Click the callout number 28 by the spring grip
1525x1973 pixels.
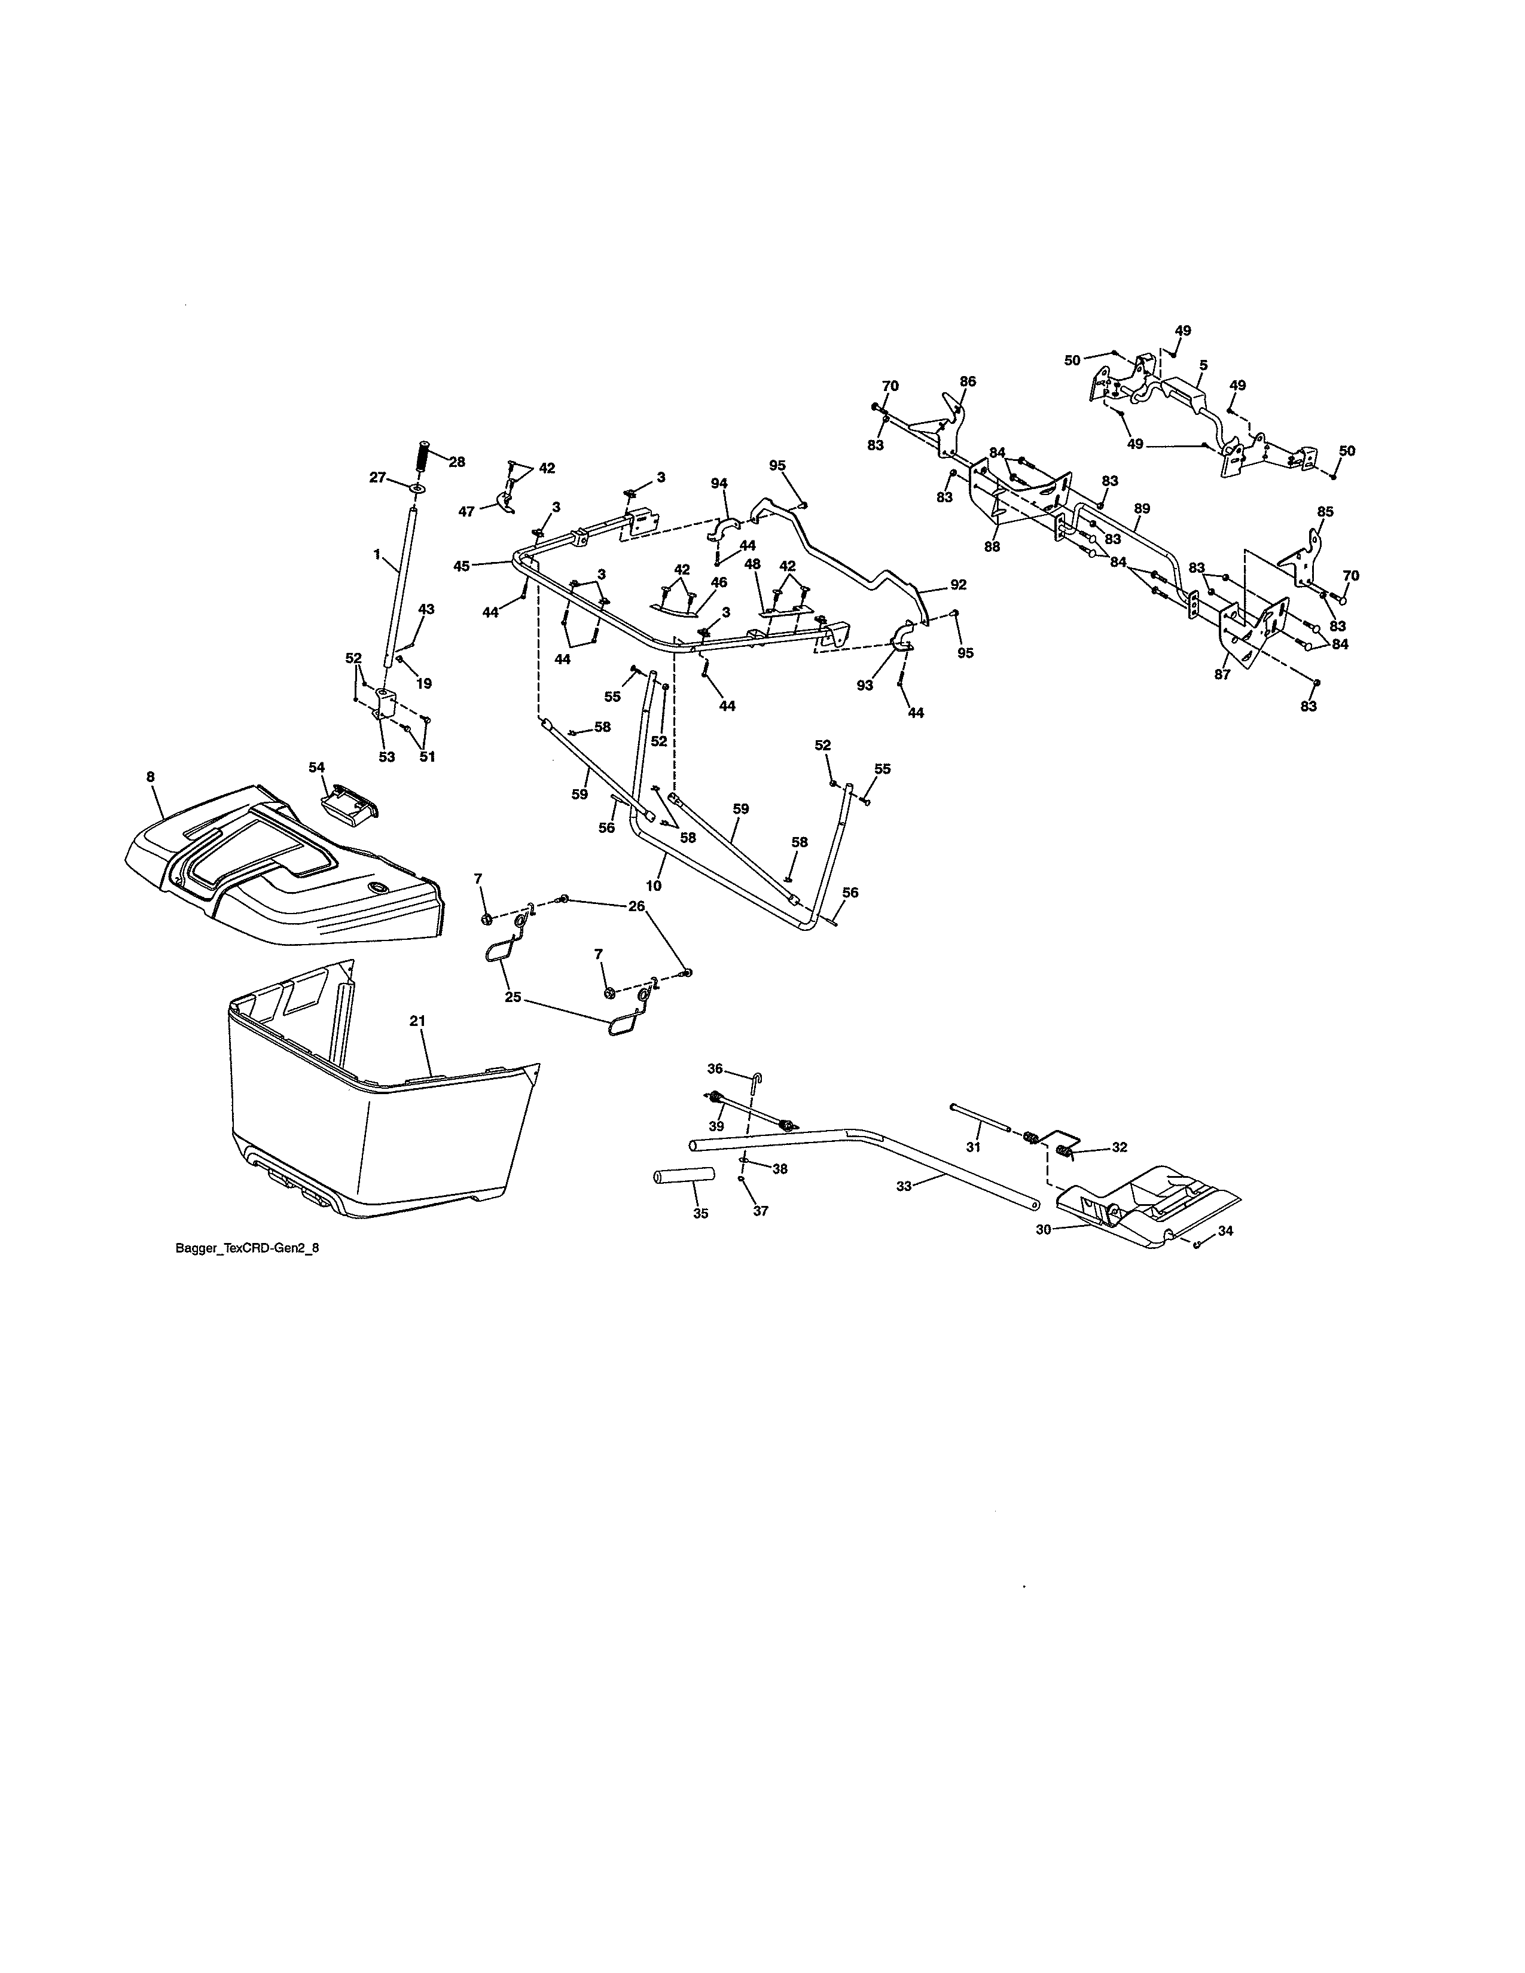[x=457, y=462]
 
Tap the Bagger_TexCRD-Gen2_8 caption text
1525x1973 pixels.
[x=246, y=1250]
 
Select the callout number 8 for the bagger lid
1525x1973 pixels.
[x=150, y=776]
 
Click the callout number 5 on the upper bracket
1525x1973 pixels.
[x=1203, y=366]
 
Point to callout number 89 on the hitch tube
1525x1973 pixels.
[x=1142, y=509]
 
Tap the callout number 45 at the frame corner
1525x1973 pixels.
[x=462, y=566]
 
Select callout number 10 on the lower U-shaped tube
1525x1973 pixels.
[x=653, y=885]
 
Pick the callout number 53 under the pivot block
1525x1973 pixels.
[x=387, y=757]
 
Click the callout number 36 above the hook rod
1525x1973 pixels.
[x=715, y=1069]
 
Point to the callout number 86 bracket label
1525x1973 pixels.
[x=968, y=381]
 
